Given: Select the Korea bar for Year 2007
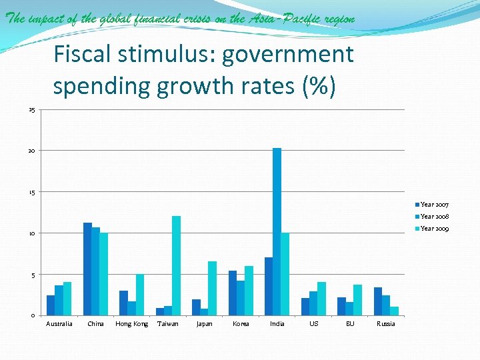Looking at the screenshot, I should point(233,293).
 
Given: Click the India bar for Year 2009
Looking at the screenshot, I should point(285,274).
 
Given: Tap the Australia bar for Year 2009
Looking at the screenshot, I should point(67,299).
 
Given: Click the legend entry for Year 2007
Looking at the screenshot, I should point(434,204).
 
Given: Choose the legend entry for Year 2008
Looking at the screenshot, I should point(434,216).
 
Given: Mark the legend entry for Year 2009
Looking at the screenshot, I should point(434,228).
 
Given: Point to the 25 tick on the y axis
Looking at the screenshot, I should point(31,109).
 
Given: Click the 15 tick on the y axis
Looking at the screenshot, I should point(31,192).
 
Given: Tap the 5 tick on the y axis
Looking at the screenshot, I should point(33,275).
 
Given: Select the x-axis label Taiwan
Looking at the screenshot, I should point(167,324).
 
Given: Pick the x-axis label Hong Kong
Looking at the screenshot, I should point(131,324).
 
